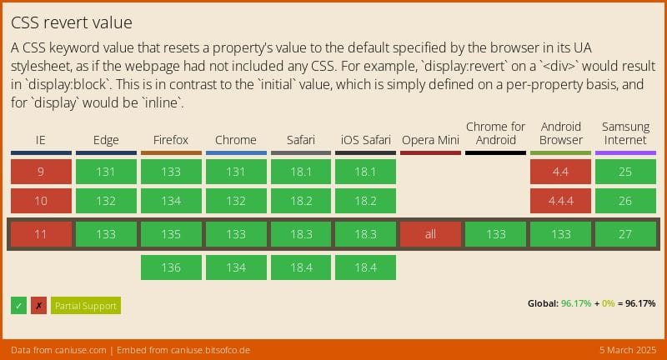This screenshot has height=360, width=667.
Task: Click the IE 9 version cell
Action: tap(41, 172)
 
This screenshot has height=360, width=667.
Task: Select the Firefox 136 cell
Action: tap(171, 267)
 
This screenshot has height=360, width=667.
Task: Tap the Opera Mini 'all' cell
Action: tap(430, 234)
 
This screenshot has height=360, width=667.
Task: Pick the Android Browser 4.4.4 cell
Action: tap(560, 201)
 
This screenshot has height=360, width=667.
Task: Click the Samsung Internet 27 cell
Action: tap(625, 234)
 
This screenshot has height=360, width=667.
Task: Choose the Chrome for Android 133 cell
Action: tap(495, 234)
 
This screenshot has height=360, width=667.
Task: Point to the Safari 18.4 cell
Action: tap(300, 267)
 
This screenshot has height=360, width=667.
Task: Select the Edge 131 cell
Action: tap(106, 172)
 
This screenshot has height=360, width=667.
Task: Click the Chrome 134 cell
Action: tap(236, 267)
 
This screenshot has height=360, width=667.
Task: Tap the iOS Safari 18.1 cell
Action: tap(365, 172)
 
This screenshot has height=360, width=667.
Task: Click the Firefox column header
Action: tap(171, 140)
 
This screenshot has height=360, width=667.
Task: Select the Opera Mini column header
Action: tap(430, 140)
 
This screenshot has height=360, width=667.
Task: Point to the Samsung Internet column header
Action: tap(625, 133)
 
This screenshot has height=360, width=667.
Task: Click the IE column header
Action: tap(41, 140)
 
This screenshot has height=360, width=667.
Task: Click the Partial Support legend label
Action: tap(85, 306)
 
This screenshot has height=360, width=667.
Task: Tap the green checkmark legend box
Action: tap(19, 306)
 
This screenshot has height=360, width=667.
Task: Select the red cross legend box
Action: tap(38, 306)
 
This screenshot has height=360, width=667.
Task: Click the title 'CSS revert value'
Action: tap(72, 22)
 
